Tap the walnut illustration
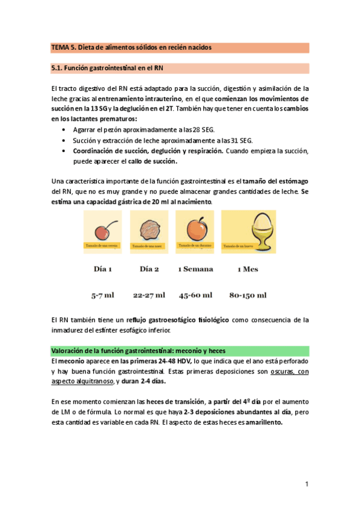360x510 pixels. [148, 229]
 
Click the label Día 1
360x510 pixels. [103, 269]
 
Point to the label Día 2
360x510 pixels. [149, 269]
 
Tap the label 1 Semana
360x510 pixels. [195, 269]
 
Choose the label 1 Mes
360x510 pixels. [248, 269]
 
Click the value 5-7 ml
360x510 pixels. [103, 295]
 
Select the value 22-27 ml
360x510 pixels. [149, 295]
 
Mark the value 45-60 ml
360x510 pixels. [195, 295]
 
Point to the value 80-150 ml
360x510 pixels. [248, 295]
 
